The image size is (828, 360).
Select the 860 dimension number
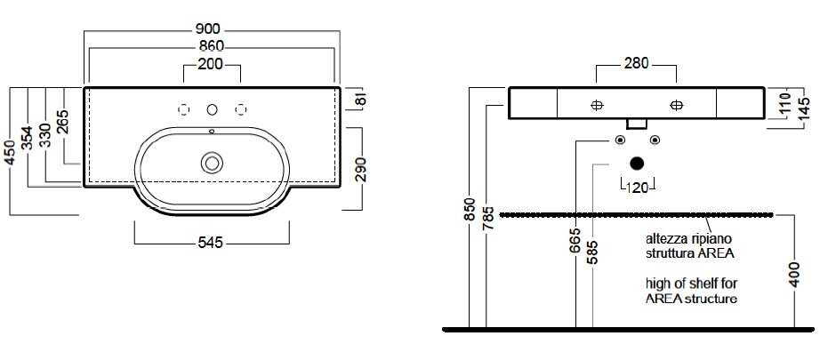tap(212, 46)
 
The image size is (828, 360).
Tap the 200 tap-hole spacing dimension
tap(211, 64)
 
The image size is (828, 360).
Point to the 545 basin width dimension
tap(211, 242)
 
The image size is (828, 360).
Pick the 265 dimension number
tap(63, 122)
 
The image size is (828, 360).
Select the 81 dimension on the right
tap(361, 100)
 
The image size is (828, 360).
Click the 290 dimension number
tap(361, 169)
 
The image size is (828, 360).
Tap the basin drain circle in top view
tap(212, 163)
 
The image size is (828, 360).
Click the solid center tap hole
tap(212, 109)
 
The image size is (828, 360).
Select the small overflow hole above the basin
tap(212, 131)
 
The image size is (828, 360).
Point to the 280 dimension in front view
tap(636, 63)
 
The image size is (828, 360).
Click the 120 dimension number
tap(637, 188)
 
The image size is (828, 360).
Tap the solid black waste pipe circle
tap(637, 164)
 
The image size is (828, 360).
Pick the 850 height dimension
tap(470, 211)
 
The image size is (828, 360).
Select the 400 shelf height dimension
tap(795, 274)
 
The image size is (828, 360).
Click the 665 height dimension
tap(576, 240)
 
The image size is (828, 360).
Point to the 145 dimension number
tap(804, 108)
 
